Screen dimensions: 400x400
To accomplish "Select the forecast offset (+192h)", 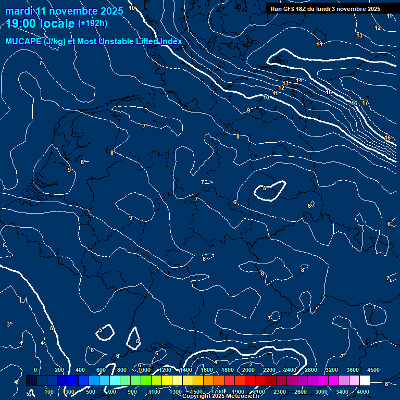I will pos(92,23).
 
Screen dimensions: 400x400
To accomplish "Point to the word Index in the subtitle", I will pos(170,42).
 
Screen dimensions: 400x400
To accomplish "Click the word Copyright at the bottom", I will pos(197,396).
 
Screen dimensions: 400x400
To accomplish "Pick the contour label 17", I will pos(365,103).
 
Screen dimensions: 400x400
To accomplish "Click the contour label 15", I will pos(329,92).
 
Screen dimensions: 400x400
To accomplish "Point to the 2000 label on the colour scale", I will pos(248,370).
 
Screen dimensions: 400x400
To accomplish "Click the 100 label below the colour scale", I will pos(49,392).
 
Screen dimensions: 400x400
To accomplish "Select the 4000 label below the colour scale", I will pos(364,392).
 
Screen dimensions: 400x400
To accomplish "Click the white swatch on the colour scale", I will pos(365,381).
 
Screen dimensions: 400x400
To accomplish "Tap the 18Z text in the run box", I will pos(303,9).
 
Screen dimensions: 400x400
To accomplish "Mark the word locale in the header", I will pos(54,23).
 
